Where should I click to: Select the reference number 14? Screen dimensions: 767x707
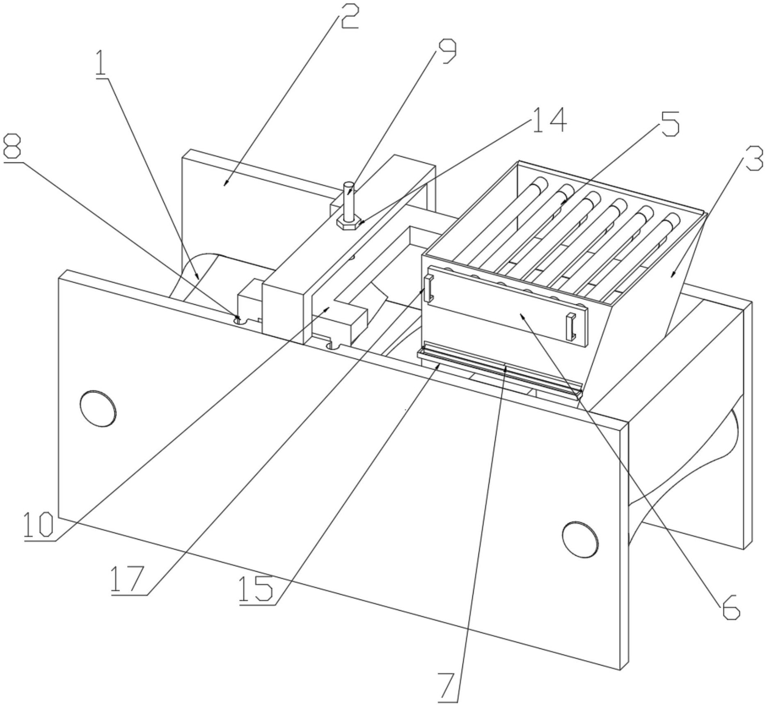click(549, 121)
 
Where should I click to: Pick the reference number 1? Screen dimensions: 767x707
click(101, 64)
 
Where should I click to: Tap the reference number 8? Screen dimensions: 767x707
click(12, 146)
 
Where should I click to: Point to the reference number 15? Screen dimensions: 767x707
click(255, 589)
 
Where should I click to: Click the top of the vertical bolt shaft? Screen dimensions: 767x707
click(349, 185)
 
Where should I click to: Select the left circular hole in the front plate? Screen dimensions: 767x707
click(98, 408)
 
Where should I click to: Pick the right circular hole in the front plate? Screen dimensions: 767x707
click(580, 539)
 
